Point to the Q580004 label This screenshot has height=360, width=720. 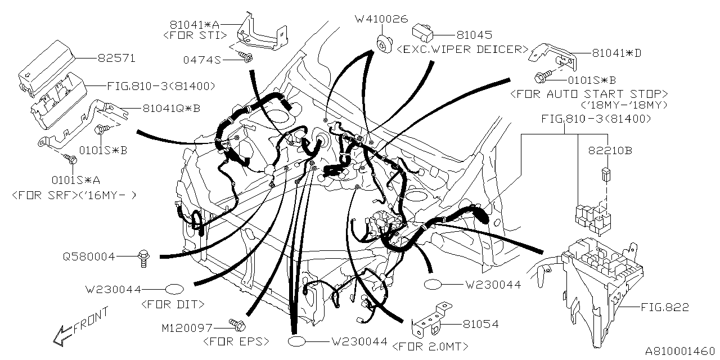coord(89,257)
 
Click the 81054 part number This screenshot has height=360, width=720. coord(481,325)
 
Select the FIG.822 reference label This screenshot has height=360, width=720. coord(664,308)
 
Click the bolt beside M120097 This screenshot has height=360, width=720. coord(236,324)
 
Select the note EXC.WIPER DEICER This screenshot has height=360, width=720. coord(462,49)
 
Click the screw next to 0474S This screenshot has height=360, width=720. coord(246,56)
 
